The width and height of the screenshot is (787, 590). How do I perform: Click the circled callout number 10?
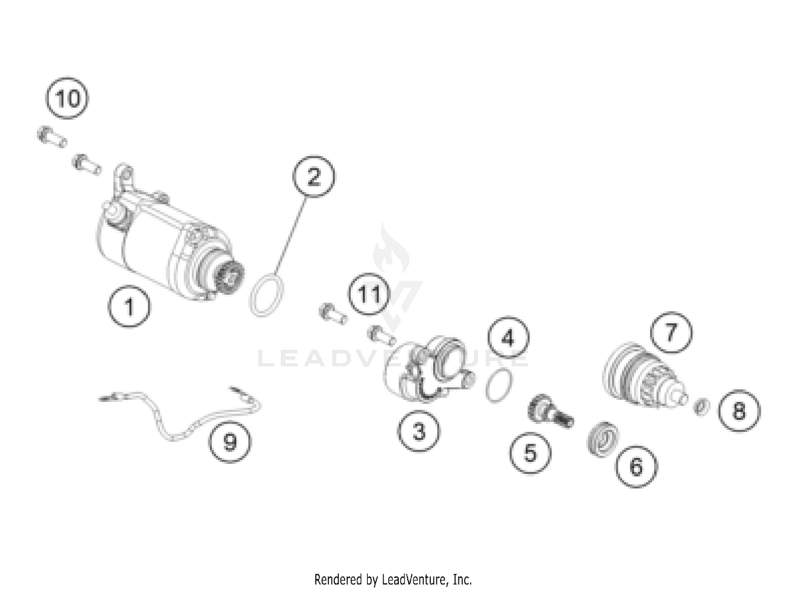click(67, 98)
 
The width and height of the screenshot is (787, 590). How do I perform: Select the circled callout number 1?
click(129, 306)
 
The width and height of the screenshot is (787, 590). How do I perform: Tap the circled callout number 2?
click(314, 177)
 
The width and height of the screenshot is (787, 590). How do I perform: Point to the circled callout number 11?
click(369, 294)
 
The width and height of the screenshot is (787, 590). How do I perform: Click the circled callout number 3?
click(419, 431)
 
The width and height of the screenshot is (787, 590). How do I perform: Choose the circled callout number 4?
click(508, 337)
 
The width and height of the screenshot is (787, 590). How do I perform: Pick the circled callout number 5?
click(530, 453)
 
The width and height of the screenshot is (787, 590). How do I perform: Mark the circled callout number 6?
click(636, 466)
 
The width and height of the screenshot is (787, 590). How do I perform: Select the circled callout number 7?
click(671, 332)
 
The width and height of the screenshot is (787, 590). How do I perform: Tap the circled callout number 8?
click(739, 410)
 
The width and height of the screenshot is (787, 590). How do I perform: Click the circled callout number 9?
click(230, 442)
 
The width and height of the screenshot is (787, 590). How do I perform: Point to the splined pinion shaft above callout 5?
click(550, 411)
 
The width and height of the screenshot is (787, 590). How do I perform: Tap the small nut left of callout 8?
click(701, 406)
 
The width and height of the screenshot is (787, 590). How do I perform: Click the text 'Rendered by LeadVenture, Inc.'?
click(393, 579)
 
